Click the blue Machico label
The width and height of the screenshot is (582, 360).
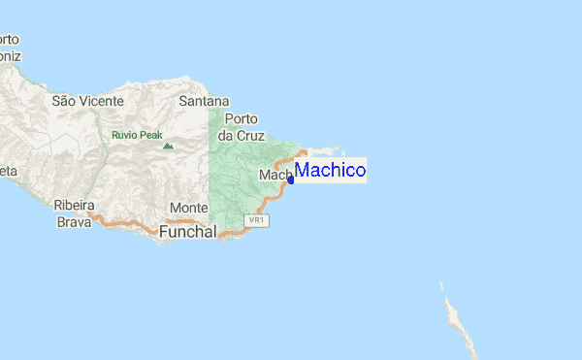[330, 171]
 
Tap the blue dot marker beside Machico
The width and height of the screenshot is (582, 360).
[291, 179]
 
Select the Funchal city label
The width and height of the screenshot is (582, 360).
[187, 232]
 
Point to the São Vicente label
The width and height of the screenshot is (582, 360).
[87, 101]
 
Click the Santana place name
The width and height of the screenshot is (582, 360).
[204, 101]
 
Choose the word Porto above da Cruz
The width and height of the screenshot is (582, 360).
[241, 119]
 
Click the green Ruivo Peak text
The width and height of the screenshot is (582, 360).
[137, 135]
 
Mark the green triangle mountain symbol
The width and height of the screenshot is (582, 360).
[168, 147]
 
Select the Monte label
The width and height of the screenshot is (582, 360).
[188, 209]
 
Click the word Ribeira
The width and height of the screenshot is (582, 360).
[74, 206]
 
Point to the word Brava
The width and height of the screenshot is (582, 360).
[74, 221]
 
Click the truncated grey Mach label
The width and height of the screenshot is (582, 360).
[273, 175]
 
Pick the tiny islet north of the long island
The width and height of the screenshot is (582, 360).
[440, 284]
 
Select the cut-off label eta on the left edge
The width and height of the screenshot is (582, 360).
[8, 171]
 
